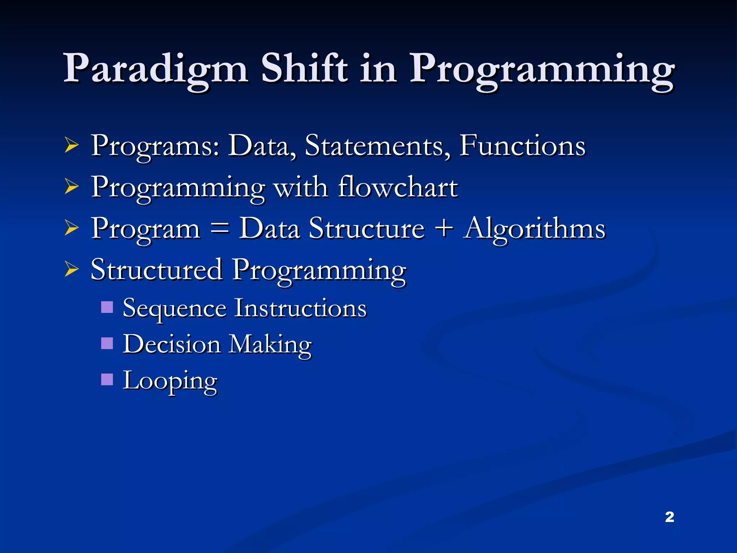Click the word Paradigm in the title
155,68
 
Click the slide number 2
669,517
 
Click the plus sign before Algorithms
445,228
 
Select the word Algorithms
535,229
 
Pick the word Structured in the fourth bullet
157,270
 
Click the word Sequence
175,309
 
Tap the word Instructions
300,308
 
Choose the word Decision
172,344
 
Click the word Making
270,345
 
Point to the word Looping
170,381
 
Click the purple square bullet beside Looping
107,379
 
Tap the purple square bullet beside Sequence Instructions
107,307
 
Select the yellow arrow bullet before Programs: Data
72,146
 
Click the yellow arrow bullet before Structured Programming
72,270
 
